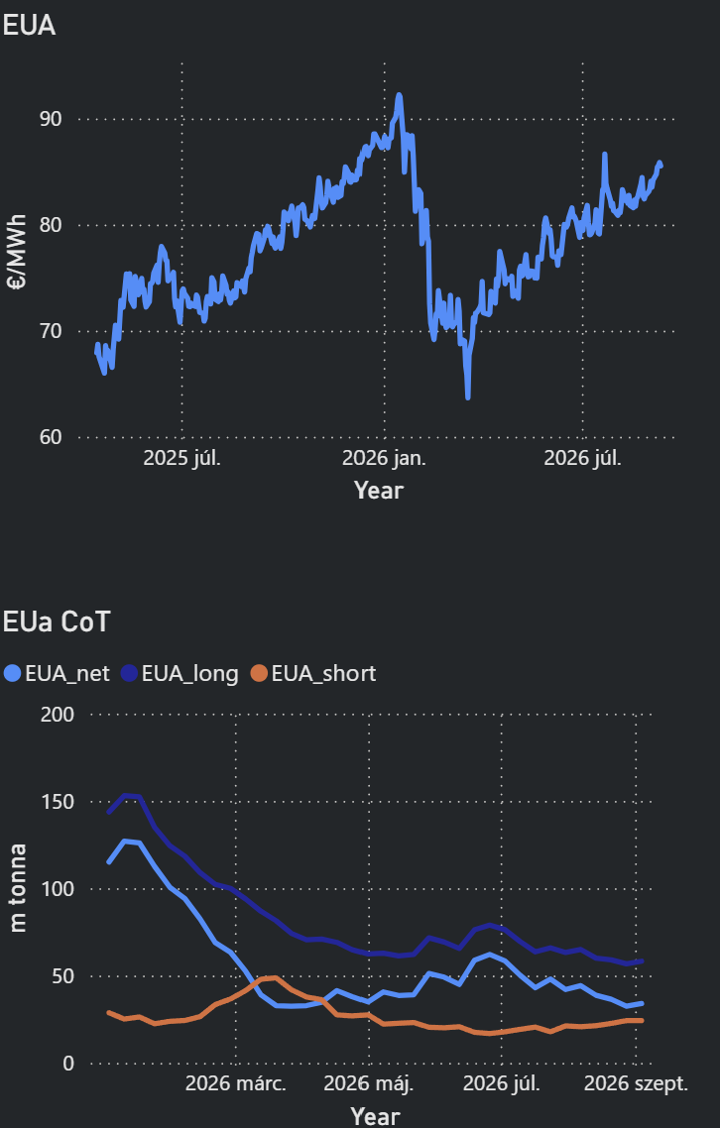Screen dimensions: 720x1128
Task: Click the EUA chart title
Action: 29,26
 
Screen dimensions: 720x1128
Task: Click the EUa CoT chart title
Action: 57,621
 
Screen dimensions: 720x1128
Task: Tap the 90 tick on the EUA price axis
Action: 50,119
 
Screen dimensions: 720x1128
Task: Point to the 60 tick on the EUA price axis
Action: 50,437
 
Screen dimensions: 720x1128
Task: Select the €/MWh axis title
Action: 17,252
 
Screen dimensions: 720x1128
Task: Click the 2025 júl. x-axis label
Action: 182,458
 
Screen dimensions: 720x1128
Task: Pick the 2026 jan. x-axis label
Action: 384,458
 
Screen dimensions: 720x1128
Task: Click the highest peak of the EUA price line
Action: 399,94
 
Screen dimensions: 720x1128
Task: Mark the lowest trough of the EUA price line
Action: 468,397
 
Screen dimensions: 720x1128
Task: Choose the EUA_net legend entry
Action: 57,673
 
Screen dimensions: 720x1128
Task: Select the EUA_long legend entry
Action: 180,674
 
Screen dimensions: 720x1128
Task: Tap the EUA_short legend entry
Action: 313,673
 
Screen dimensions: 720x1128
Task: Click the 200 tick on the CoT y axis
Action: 59,715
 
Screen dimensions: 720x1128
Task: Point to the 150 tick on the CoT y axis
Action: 59,802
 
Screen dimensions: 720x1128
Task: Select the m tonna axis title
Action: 18,888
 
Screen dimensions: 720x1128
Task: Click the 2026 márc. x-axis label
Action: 235,1083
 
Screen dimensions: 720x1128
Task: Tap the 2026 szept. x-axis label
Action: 636,1084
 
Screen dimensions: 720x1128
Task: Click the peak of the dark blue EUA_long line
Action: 125,796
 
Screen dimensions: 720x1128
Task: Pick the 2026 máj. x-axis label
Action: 369,1084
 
